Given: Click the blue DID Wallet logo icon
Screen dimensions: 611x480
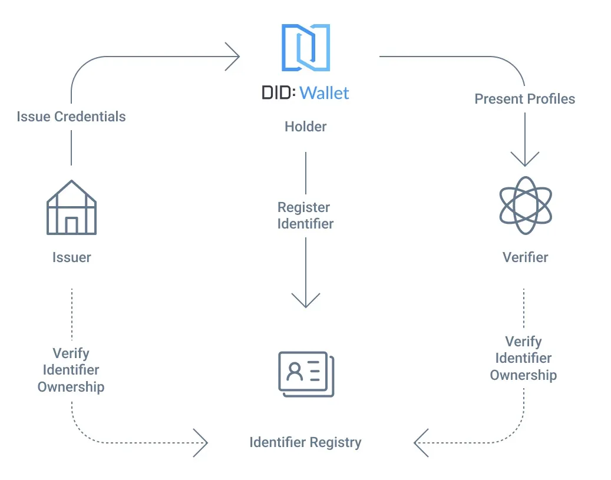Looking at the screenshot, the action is coord(306,48).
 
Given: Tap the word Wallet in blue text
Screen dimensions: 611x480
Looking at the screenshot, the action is coord(324,93).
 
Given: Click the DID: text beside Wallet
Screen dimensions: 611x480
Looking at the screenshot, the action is coord(279,92).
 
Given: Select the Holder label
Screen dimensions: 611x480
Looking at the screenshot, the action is coord(305,127).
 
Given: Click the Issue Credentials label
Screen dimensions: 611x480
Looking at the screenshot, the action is coord(71,117).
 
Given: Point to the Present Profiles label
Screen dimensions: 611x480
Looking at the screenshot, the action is coord(525,99).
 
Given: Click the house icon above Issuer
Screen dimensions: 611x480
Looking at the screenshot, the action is coord(71,207).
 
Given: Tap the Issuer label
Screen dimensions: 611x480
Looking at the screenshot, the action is coord(72,257).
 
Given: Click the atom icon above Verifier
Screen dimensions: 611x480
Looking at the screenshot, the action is coord(526,206).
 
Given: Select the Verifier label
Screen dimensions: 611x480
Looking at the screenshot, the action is coord(526,257).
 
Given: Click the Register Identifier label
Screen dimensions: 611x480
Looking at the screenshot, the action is coord(305,216).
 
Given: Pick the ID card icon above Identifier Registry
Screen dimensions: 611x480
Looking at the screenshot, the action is coord(306,374).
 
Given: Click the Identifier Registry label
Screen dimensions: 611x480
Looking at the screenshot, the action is coord(305,442).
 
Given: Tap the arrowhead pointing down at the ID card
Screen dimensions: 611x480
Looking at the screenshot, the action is coord(306,300).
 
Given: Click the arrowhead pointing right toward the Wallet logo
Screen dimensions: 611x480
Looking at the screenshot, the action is coord(233,57).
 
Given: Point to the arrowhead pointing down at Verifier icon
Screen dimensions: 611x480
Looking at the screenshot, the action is coord(525,159).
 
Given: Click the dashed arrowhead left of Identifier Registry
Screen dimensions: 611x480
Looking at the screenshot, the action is coord(201,443).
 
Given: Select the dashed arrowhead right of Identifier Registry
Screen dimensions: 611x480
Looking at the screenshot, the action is coord(421,443).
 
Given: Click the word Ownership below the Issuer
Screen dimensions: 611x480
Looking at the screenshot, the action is coord(71,387).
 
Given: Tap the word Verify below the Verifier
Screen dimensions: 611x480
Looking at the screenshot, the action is coord(523,342).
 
